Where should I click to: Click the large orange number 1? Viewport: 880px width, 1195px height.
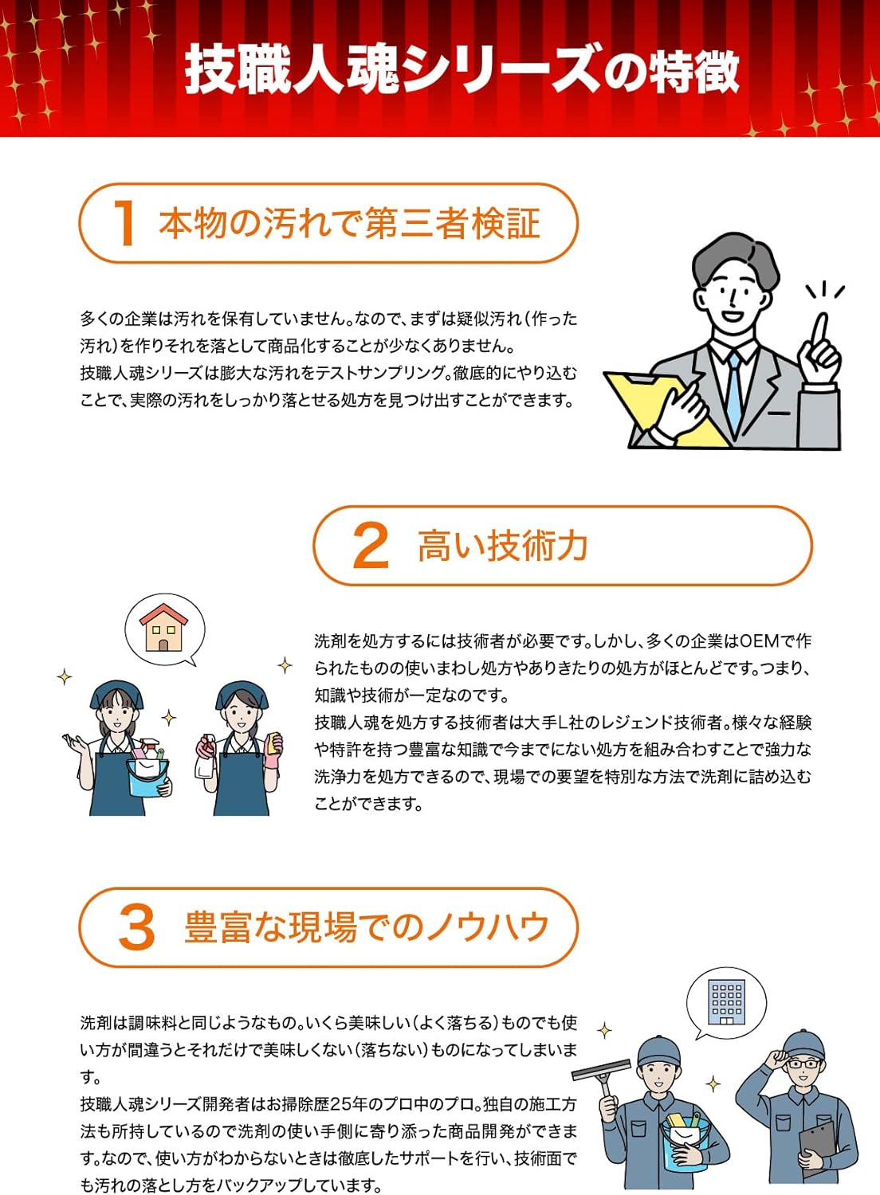pos(125,224)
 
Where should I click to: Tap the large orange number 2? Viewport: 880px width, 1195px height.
pos(371,547)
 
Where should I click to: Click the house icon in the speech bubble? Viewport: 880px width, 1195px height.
pos(163,628)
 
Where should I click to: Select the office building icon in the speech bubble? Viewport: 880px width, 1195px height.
pos(726,1003)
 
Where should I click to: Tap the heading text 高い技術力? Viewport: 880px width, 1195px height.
pos(503,547)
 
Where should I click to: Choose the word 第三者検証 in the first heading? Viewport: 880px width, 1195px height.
pos(452,224)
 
